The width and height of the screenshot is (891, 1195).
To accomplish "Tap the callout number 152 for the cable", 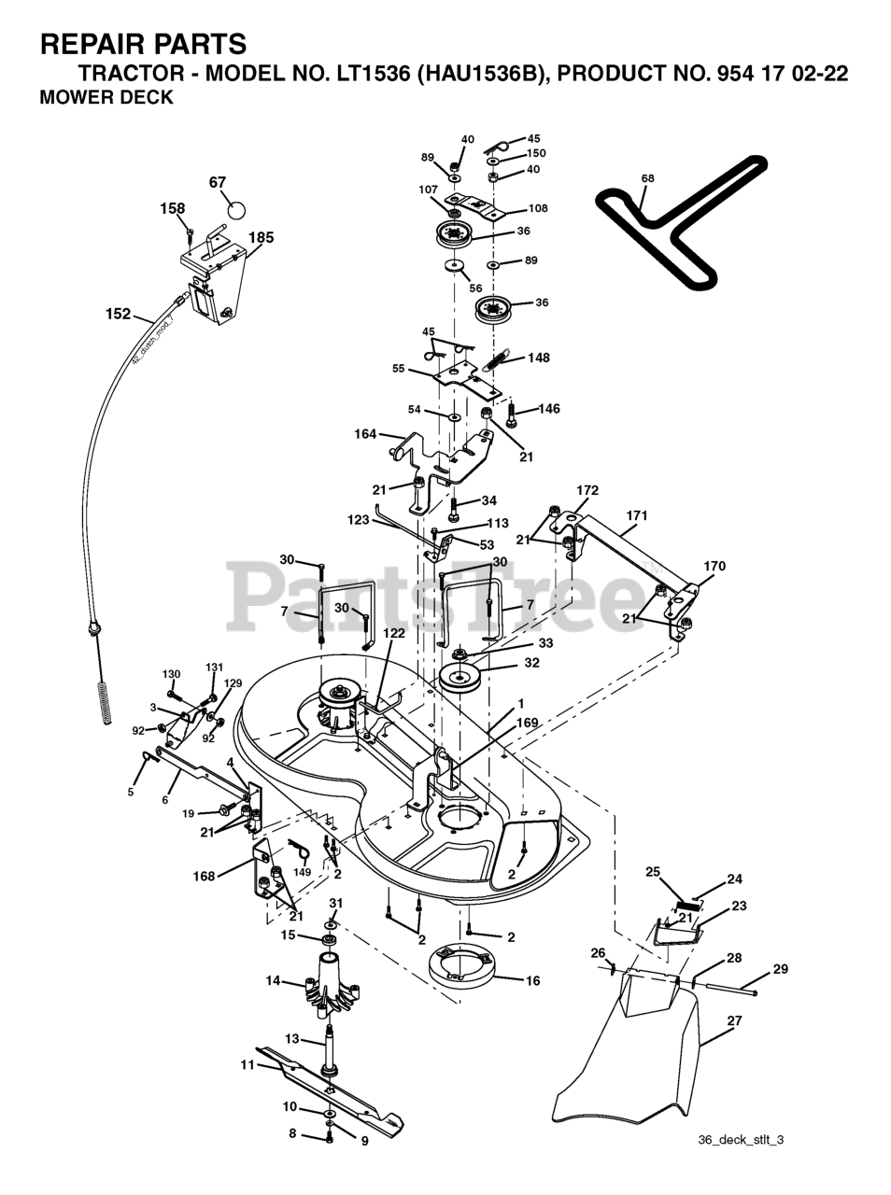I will pyautogui.click(x=118, y=315).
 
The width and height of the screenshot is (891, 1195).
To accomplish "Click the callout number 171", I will pyautogui.click(x=637, y=515).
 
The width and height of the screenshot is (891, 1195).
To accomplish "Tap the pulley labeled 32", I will pyautogui.click(x=464, y=678).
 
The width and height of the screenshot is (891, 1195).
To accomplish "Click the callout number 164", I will pyautogui.click(x=365, y=434).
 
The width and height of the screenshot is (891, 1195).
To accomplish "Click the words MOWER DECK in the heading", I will pyautogui.click(x=106, y=97).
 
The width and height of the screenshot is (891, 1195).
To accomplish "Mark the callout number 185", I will pyautogui.click(x=262, y=238).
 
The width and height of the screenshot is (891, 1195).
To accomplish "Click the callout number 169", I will pyautogui.click(x=528, y=722).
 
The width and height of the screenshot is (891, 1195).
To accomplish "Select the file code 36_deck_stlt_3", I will pyautogui.click(x=741, y=1140).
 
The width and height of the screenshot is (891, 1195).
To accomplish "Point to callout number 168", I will pyautogui.click(x=204, y=876).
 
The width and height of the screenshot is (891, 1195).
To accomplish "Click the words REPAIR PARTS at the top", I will pyautogui.click(x=144, y=43).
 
